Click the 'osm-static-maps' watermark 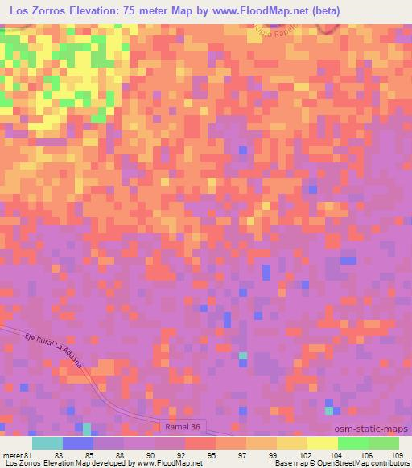[371, 430]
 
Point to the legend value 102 [306, 454]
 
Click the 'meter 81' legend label [16, 454]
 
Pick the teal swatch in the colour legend [47, 443]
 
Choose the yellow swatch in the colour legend [323, 443]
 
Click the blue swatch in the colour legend [78, 443]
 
